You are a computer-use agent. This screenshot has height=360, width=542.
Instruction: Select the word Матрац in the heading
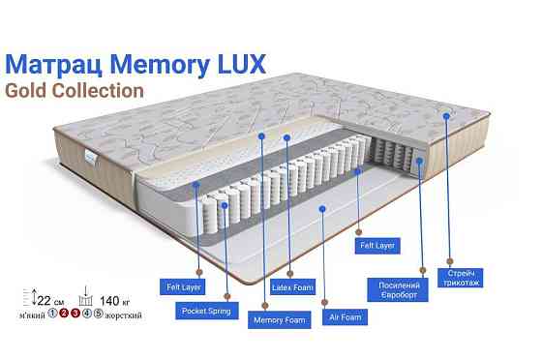point(58,64)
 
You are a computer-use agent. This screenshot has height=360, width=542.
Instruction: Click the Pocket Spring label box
point(203,311)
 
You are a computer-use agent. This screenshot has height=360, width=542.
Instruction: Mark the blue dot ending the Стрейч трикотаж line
point(447,115)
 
